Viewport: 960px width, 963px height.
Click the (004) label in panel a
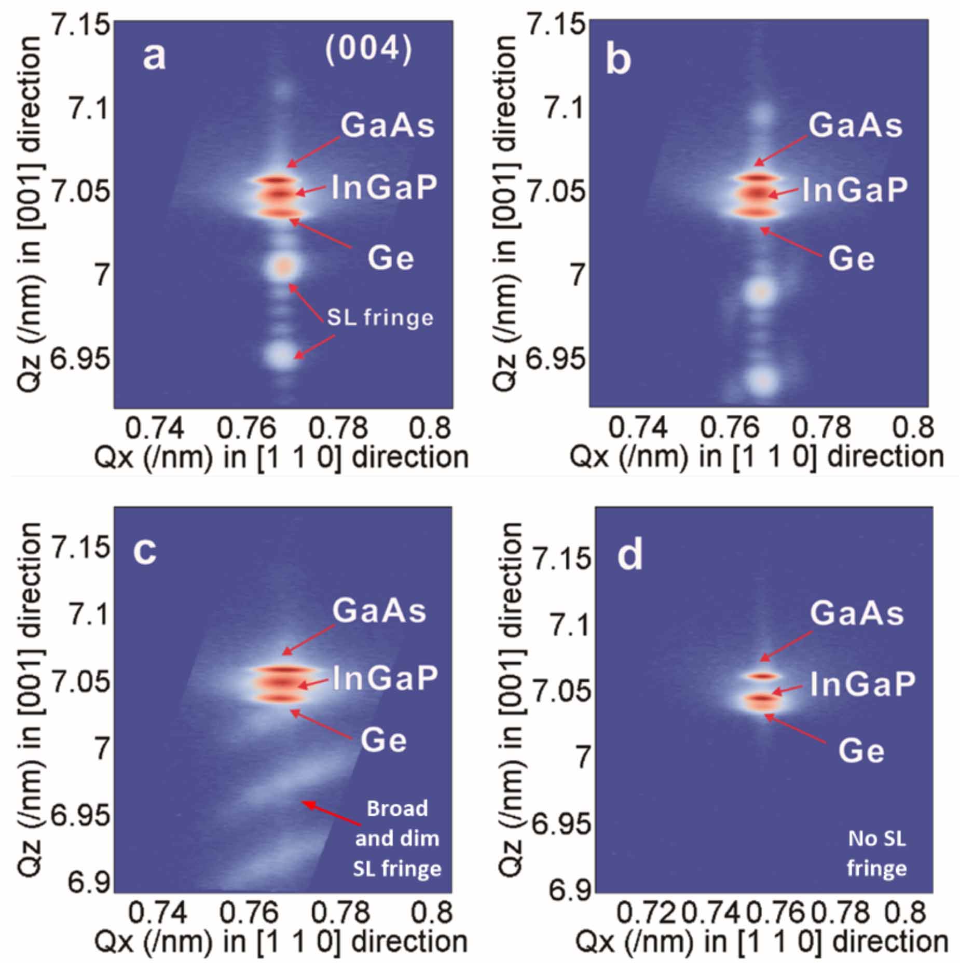(x=368, y=50)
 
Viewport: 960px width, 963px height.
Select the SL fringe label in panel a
(x=380, y=317)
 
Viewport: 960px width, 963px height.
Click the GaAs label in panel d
(x=857, y=613)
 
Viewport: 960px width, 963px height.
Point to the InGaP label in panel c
(x=385, y=677)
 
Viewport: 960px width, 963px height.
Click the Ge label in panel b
(x=851, y=258)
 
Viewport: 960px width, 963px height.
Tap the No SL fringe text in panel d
(x=876, y=853)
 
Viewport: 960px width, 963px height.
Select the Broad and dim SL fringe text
(x=397, y=838)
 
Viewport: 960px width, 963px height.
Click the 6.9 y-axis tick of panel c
(x=88, y=883)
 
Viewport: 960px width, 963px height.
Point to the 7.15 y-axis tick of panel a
(x=81, y=24)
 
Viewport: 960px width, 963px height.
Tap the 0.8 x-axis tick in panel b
(x=913, y=427)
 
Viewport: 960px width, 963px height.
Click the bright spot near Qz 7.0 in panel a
(x=283, y=267)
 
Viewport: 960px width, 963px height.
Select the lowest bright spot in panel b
(x=761, y=381)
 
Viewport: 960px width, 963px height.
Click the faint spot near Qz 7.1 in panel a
(x=283, y=91)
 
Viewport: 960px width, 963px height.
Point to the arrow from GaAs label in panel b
(x=780, y=151)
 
